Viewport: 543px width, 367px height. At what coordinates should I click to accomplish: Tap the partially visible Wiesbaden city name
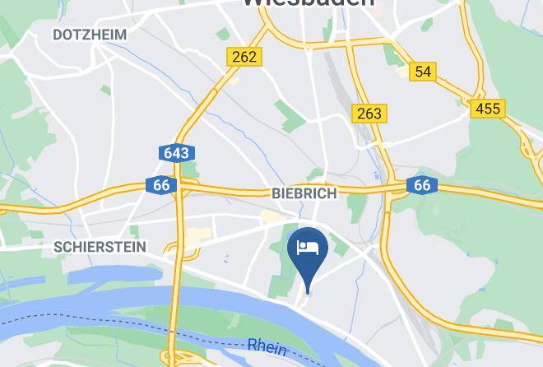308,3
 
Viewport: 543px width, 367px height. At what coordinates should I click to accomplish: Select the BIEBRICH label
304,193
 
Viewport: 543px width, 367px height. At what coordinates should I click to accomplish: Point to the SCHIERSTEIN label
100,247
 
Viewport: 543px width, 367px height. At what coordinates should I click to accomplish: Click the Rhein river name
267,347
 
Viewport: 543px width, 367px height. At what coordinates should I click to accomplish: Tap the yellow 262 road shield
244,57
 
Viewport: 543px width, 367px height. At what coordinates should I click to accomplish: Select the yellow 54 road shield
423,72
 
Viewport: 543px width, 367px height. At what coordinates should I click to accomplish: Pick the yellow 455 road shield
488,108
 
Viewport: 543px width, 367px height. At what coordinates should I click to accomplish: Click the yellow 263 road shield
369,113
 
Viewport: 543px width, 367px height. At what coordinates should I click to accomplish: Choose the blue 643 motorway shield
176,153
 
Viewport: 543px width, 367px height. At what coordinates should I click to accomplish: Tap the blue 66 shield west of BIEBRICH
161,185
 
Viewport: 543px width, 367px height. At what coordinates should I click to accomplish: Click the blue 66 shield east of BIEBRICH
422,185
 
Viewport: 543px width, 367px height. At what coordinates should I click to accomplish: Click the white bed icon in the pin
308,247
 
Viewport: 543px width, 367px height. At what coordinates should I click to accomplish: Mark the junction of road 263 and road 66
393,188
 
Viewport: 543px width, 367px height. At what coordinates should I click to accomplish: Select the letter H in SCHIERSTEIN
73,247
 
